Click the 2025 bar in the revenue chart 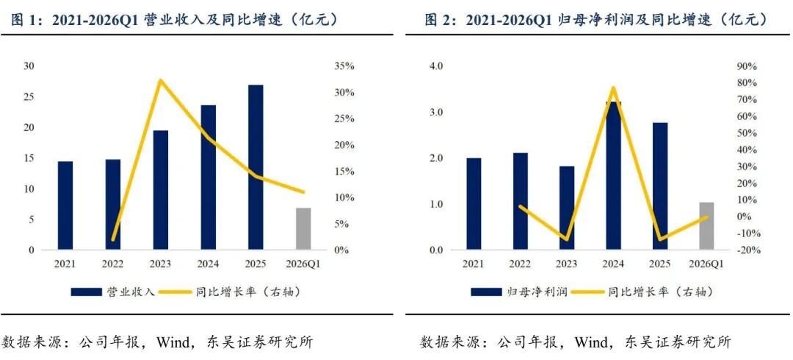pyautogui.click(x=256, y=167)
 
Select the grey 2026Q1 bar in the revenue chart pyautogui.click(x=303, y=229)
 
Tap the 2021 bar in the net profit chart pyautogui.click(x=474, y=204)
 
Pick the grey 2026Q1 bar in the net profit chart pyautogui.click(x=706, y=226)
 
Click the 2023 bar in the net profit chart pyautogui.click(x=567, y=208)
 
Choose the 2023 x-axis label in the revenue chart pyautogui.click(x=160, y=264)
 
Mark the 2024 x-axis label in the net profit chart pyautogui.click(x=613, y=264)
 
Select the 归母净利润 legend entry pyautogui.click(x=520, y=292)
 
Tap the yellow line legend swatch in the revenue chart pyautogui.click(x=175, y=292)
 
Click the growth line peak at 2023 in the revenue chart pyautogui.click(x=160, y=81)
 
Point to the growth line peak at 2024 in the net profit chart pyautogui.click(x=613, y=88)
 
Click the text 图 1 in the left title pyautogui.click(x=18, y=20)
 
